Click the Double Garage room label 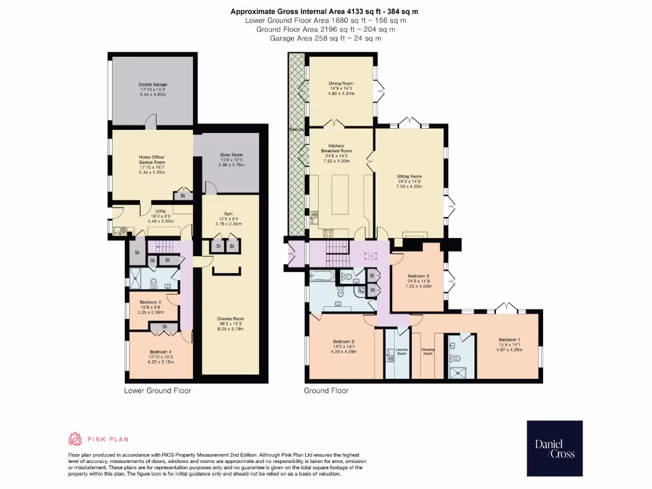click(153, 84)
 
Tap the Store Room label click(231, 155)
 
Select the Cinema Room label click(230, 319)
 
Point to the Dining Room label click(341, 83)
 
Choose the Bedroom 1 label click(509, 339)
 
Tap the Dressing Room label click(428, 351)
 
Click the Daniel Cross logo click(554, 449)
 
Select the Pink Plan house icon click(75, 439)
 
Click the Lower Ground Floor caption click(157, 390)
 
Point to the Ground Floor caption click(326, 390)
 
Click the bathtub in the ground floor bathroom click(322, 276)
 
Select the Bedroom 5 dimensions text click(152, 312)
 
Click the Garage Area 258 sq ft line click(325, 38)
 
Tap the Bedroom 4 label click(160, 352)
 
